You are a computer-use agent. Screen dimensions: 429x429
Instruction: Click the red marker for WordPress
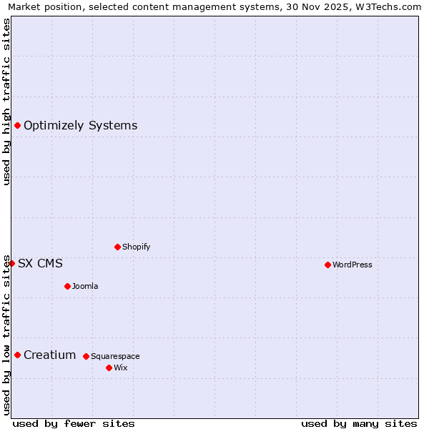[x=327, y=265]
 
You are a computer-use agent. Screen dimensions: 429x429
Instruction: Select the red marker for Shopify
[x=117, y=247]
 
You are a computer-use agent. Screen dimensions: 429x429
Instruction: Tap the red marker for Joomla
[x=67, y=286]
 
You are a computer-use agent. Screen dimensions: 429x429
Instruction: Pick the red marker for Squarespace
[x=86, y=356]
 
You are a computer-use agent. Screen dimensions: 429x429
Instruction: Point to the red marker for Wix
[x=109, y=368]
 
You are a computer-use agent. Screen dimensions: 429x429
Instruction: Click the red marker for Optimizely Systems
[x=17, y=126]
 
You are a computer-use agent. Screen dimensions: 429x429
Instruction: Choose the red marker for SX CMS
[x=11, y=263]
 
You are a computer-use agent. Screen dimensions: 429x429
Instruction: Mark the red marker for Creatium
[x=17, y=355]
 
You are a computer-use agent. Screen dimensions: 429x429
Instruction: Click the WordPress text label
[x=352, y=265]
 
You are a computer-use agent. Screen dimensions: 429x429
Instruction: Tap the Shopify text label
[x=136, y=247]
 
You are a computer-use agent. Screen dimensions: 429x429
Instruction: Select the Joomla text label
[x=85, y=286]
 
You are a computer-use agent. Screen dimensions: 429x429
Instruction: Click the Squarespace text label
[x=115, y=356]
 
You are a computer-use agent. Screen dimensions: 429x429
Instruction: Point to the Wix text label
[x=120, y=368]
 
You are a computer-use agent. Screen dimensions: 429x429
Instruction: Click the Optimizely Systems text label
[x=80, y=126]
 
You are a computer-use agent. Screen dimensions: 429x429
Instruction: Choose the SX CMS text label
[x=40, y=263]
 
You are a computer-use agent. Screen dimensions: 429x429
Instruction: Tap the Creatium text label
[x=49, y=355]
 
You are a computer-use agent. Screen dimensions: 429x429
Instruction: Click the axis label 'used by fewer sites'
[x=74, y=423]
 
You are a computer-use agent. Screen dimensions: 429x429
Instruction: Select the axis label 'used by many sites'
[x=359, y=423]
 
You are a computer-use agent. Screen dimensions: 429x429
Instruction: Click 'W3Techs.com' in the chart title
[x=388, y=6]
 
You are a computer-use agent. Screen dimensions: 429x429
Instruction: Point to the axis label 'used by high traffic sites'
[x=6, y=102]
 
